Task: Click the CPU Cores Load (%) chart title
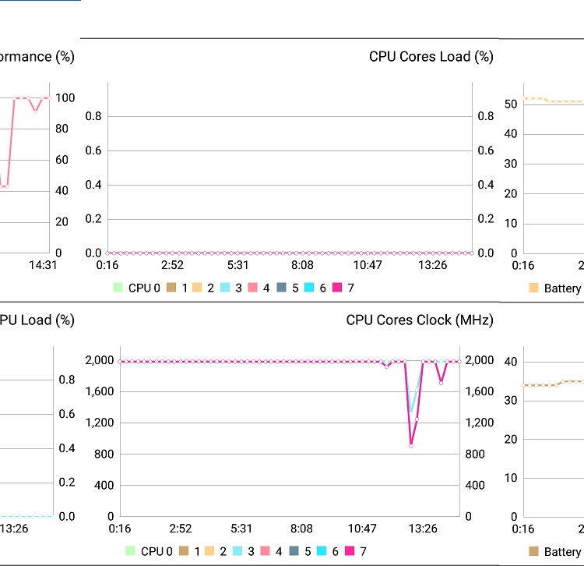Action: click(x=431, y=56)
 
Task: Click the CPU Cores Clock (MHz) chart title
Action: click(x=420, y=320)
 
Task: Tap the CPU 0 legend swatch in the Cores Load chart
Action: click(x=118, y=288)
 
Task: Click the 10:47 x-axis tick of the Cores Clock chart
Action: click(x=362, y=529)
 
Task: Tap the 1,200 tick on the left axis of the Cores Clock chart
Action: click(x=99, y=423)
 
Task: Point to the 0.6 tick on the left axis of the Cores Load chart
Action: click(x=93, y=150)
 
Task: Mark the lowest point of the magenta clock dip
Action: click(x=411, y=445)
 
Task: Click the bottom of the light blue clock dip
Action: click(x=411, y=411)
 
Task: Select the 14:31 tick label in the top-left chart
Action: click(x=43, y=265)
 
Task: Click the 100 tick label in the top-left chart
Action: click(x=65, y=97)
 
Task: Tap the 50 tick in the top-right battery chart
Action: click(x=511, y=104)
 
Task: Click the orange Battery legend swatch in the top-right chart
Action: click(x=533, y=288)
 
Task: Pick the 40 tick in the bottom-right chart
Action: click(x=511, y=362)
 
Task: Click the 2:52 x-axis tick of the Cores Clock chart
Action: click(x=181, y=529)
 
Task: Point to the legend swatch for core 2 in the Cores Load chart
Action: click(x=197, y=288)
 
